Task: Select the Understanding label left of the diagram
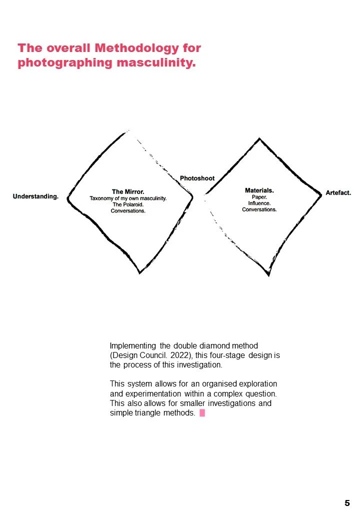tap(35, 196)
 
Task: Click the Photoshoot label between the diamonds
tap(197, 178)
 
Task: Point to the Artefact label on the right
tap(338, 192)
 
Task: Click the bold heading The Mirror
tap(128, 191)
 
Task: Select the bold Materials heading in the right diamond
tap(259, 190)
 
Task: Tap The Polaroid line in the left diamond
tap(128, 204)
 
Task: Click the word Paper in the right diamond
tap(259, 197)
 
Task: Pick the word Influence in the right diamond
tap(259, 203)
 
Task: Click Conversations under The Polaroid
tap(128, 211)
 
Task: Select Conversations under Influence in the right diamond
tap(259, 209)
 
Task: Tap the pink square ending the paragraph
tap(202, 413)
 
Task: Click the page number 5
tap(347, 503)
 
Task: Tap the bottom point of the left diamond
tap(139, 272)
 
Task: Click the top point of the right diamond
tap(259, 138)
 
